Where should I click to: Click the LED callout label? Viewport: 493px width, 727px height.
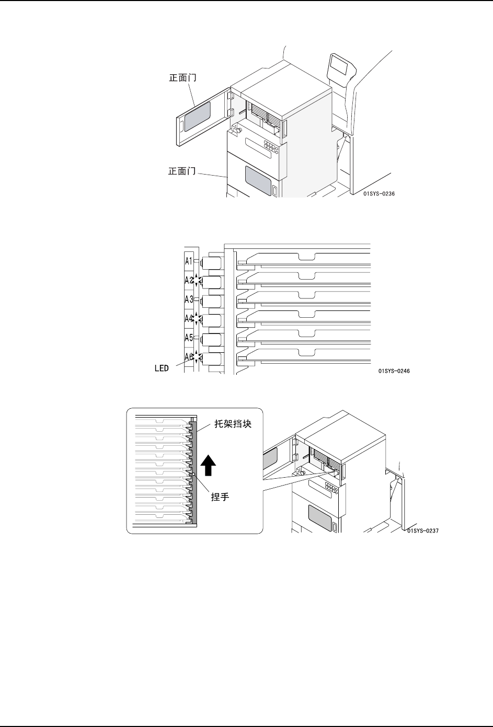(x=161, y=368)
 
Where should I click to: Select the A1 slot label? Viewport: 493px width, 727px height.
(x=189, y=261)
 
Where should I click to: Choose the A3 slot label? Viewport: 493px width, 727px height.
(x=189, y=299)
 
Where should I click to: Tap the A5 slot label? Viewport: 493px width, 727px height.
(x=189, y=337)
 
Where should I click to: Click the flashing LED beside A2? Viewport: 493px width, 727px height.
(x=197, y=280)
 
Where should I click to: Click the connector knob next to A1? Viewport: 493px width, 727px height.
(x=212, y=261)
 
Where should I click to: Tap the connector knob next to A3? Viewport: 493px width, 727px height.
(x=212, y=300)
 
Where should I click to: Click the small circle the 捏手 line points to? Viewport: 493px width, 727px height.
(x=193, y=475)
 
